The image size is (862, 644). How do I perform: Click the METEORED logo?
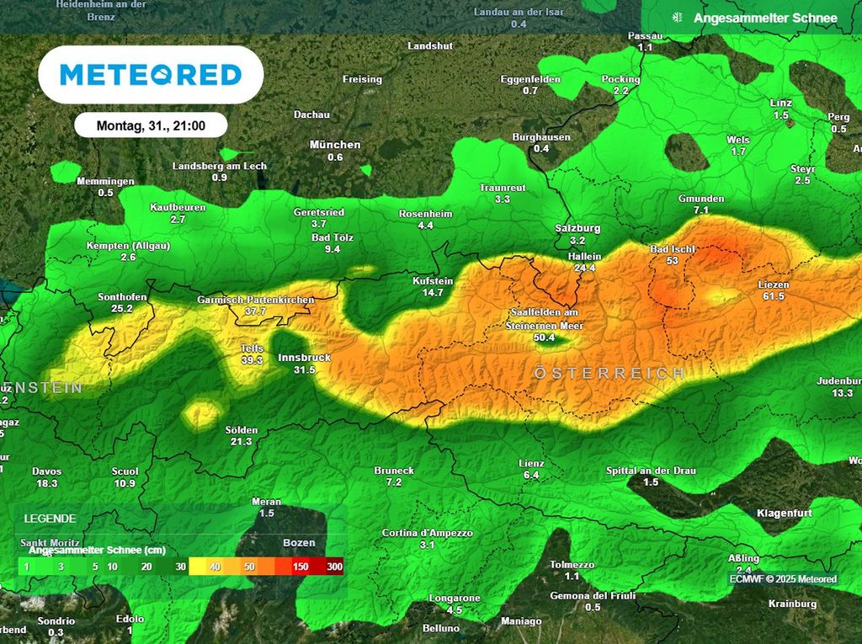[x=151, y=75]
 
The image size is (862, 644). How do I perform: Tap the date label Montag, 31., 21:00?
[x=151, y=125]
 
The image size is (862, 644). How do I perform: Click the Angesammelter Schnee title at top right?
[x=765, y=18]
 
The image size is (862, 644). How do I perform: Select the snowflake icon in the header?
[x=675, y=18]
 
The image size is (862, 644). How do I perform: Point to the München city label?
[x=335, y=145]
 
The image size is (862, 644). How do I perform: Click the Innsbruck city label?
[x=304, y=358]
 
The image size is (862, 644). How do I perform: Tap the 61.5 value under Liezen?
[x=774, y=296]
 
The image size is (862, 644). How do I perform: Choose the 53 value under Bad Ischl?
[x=672, y=261]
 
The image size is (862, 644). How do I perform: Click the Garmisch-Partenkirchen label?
[x=256, y=300]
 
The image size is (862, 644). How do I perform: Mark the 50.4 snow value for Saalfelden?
[x=545, y=338]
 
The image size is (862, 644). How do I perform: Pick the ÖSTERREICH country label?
[x=609, y=373]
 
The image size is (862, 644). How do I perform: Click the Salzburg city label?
[x=577, y=228]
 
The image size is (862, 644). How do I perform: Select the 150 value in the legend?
[x=301, y=567]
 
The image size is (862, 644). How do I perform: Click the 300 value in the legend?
[x=334, y=567]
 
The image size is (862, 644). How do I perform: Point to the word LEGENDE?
[x=50, y=519]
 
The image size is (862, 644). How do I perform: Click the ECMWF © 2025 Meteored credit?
[x=783, y=579]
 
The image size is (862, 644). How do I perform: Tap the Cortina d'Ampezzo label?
[x=427, y=533]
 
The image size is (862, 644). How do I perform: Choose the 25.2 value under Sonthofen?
[x=122, y=309]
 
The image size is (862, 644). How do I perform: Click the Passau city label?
[x=646, y=36]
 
